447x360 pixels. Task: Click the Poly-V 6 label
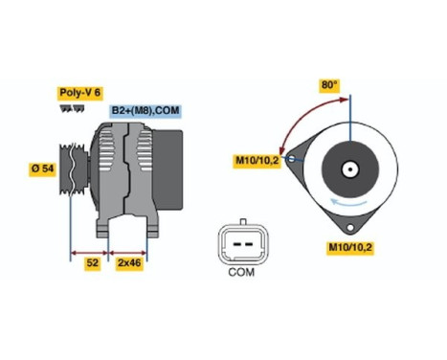[79, 95]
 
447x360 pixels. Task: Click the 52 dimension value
[93, 260]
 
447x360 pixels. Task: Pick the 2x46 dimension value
[127, 260]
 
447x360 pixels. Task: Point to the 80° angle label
[329, 85]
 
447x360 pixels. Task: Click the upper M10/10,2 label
[257, 159]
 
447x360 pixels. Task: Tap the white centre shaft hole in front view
[350, 172]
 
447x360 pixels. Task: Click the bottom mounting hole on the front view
[350, 228]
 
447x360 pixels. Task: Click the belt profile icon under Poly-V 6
[70, 109]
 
